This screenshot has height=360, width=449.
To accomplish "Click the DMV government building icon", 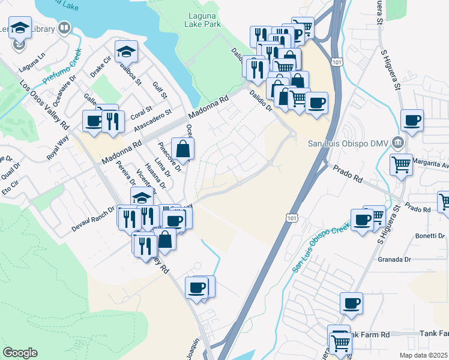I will click(397, 143).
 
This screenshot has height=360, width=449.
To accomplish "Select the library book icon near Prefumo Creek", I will click(64, 28).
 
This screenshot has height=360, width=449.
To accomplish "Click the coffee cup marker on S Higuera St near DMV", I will click(412, 120).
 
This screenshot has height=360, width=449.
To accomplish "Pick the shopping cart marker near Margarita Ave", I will click(401, 163).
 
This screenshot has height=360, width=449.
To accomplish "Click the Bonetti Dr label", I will click(430, 236).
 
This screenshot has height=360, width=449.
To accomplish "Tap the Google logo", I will click(20, 353).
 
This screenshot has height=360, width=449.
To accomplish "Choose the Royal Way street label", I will click(58, 148).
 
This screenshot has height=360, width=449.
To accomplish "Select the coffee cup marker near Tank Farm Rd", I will click(352, 303).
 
